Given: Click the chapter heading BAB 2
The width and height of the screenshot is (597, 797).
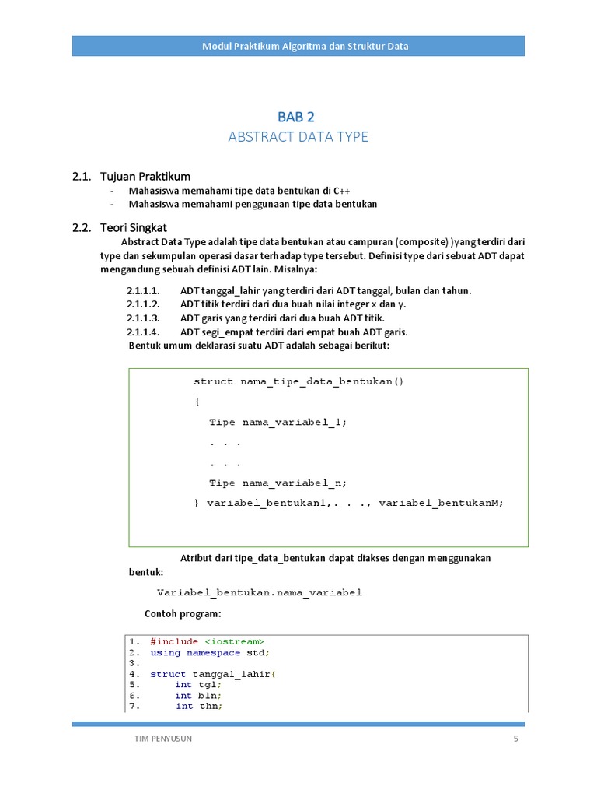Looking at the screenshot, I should [296, 117].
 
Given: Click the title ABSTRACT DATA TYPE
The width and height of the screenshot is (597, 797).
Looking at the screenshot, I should [298, 137].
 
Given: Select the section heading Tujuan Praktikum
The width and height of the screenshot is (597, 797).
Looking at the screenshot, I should [145, 176].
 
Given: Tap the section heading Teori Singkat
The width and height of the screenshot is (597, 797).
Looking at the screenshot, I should [133, 227].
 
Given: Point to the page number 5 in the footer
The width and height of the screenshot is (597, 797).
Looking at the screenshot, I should [515, 739].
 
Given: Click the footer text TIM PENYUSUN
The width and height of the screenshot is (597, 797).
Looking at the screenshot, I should [163, 739].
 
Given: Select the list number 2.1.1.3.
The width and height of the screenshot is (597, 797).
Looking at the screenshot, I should [143, 318].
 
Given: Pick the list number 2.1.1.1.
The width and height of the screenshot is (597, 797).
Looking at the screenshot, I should [143, 290].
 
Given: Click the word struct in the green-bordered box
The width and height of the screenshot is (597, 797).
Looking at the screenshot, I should [213, 381].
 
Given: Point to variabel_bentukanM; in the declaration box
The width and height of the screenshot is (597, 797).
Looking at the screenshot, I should [441, 503].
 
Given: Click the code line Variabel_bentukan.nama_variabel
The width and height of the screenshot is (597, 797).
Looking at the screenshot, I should [260, 592].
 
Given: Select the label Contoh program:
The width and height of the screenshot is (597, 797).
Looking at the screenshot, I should [183, 613].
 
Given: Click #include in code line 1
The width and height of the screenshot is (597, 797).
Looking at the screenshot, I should [174, 641].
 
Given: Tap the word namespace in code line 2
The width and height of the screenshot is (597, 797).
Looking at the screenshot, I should [214, 652].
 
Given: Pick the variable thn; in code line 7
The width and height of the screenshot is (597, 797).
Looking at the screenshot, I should [210, 706].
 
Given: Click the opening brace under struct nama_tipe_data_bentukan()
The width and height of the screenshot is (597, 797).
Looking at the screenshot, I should [197, 402].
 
